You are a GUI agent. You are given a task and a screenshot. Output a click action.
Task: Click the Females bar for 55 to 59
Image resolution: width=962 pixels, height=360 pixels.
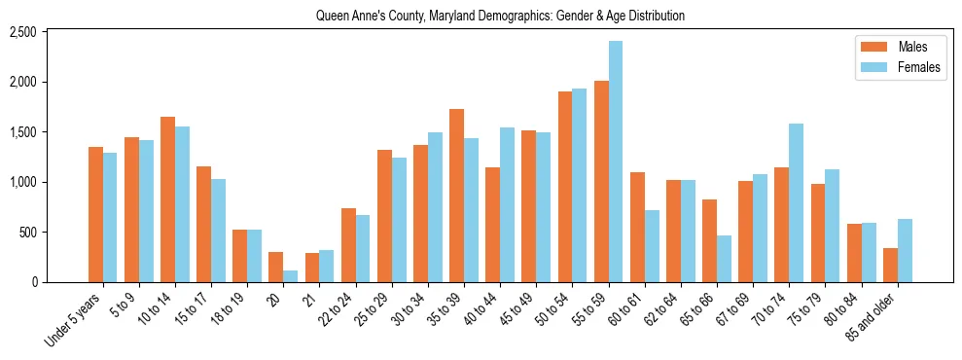[x=616, y=162]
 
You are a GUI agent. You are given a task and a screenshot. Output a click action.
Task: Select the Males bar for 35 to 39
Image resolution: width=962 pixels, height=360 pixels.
[x=456, y=196]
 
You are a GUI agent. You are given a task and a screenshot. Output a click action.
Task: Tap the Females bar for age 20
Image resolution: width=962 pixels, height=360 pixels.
[x=290, y=276]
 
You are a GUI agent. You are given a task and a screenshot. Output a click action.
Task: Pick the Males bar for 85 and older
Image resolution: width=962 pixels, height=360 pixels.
[x=890, y=265]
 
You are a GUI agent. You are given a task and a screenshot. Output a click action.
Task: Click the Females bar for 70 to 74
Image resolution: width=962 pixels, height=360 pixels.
[x=796, y=202]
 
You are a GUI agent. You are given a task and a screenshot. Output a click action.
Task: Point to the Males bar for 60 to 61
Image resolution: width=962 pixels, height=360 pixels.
[x=637, y=227]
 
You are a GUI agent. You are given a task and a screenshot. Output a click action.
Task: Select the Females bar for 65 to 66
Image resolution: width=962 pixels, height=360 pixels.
[x=724, y=259]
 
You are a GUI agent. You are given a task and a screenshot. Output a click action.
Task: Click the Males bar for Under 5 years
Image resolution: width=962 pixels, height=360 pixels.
[x=95, y=214]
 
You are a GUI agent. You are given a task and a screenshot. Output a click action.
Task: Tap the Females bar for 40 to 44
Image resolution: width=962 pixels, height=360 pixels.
[x=507, y=204]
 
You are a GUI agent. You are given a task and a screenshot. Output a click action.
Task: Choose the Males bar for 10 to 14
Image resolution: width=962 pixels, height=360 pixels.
[x=167, y=199]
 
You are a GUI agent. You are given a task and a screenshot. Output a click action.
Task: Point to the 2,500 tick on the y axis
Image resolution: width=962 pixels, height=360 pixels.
[x=50, y=32]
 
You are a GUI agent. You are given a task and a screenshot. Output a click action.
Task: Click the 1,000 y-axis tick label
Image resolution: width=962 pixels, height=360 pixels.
[x=50, y=182]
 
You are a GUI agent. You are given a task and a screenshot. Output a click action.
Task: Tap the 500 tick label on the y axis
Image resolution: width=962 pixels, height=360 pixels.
[x=55, y=233]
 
